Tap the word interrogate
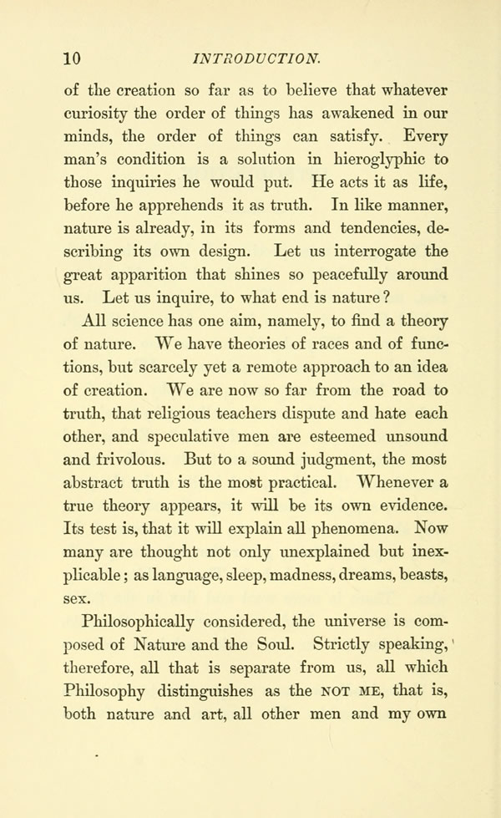pyautogui.click(x=347, y=251)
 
